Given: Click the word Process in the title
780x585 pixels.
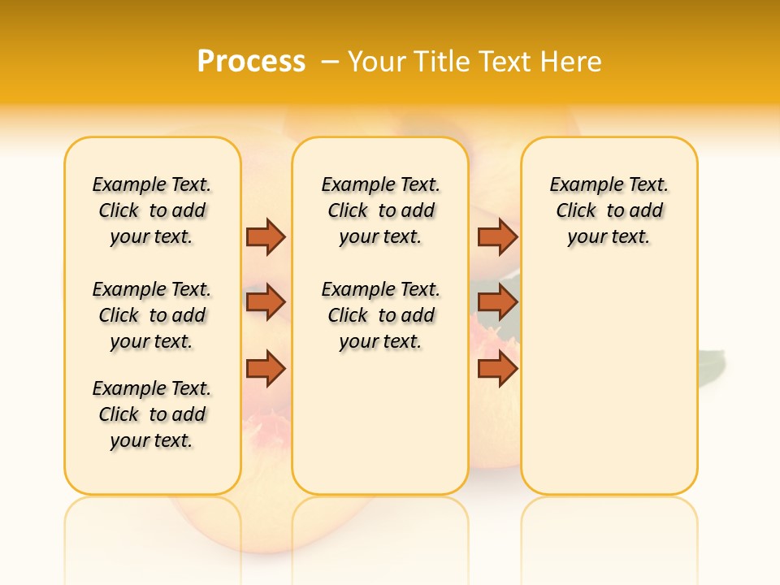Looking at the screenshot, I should (x=251, y=61).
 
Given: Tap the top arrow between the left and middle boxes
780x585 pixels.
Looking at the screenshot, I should (x=266, y=236).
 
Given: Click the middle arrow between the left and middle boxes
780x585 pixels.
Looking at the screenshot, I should (x=266, y=303).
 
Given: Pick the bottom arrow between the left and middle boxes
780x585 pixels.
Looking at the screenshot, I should (x=266, y=369).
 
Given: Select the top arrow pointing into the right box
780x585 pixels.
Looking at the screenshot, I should (x=497, y=236).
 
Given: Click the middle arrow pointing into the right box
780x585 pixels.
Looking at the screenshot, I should (x=497, y=303).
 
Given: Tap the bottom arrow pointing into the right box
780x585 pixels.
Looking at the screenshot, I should (x=497, y=369).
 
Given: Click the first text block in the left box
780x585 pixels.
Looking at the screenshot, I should (x=152, y=210).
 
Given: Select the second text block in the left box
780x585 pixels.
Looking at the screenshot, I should (x=152, y=315).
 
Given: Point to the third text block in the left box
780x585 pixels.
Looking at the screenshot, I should (x=152, y=414).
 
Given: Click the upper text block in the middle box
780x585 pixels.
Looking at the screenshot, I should (x=380, y=210).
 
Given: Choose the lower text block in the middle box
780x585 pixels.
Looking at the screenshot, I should (x=380, y=315).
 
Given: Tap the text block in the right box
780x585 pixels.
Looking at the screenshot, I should (x=609, y=210).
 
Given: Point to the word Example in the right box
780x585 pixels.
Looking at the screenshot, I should (x=579, y=185).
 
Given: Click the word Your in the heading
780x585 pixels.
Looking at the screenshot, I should (x=375, y=61).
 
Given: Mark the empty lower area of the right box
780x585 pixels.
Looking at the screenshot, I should (x=609, y=382).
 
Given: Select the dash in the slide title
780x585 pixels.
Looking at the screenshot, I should (x=330, y=61).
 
